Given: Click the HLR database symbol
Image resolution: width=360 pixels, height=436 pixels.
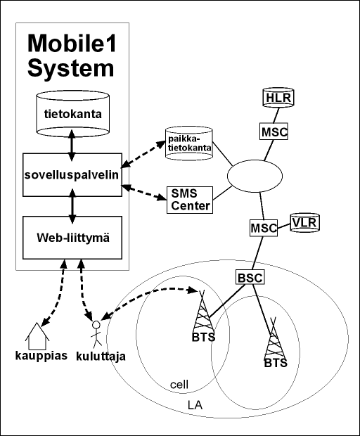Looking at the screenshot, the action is (x=278, y=97).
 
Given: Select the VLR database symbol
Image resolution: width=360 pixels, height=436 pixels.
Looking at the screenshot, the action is (x=305, y=222).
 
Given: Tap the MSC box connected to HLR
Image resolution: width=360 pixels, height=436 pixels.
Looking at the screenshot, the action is (x=274, y=132).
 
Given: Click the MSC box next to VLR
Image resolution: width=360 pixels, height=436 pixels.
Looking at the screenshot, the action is (x=264, y=228).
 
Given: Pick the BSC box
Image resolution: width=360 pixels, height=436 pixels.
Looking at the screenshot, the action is (x=250, y=277).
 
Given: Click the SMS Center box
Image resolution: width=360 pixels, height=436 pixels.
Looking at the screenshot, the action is (x=190, y=200).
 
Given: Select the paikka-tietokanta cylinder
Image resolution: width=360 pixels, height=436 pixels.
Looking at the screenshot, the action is (x=189, y=143).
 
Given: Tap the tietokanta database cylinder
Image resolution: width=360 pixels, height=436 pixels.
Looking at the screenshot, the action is (x=72, y=113).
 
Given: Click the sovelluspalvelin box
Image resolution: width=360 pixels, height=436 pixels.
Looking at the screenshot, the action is (x=72, y=175).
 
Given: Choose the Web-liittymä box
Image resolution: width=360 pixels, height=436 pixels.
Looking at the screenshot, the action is (x=72, y=238).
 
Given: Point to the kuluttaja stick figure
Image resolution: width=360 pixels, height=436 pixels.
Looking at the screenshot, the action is (x=96, y=333).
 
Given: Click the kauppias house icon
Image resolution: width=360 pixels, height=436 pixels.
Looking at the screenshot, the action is (x=37, y=336).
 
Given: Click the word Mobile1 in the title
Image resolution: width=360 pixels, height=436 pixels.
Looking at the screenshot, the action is (x=72, y=44).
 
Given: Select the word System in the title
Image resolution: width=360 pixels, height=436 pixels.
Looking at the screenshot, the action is (x=71, y=69).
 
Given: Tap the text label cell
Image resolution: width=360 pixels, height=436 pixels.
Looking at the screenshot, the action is (x=179, y=385).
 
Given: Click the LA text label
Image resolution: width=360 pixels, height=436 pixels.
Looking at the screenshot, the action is (x=195, y=405).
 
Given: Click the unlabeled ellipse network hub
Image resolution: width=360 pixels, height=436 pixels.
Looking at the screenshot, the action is (x=255, y=176).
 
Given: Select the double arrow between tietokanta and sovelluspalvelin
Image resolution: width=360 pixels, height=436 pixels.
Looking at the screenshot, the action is (x=72, y=145).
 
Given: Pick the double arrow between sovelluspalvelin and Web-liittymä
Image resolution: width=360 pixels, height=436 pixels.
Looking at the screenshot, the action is (x=72, y=206).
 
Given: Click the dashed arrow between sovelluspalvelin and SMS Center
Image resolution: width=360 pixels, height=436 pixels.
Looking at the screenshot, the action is (x=145, y=192).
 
